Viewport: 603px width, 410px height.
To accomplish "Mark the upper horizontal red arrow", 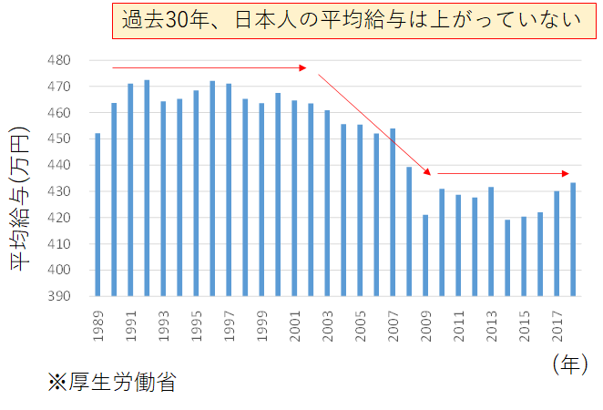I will click(x=210, y=67).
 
